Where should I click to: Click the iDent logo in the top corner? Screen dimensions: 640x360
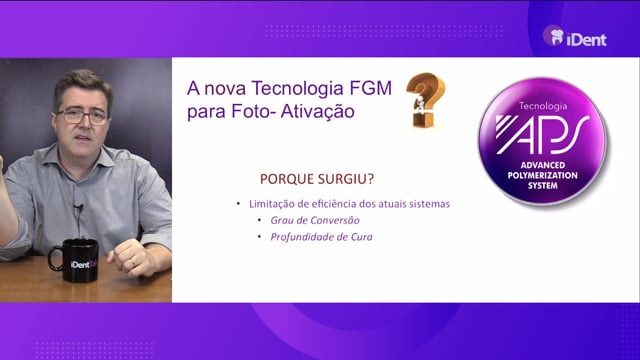575,36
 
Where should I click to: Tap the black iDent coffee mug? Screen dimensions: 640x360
74,260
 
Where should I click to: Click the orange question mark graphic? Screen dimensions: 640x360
425,100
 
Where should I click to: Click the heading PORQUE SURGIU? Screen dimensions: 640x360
317,179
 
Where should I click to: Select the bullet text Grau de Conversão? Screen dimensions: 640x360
315,220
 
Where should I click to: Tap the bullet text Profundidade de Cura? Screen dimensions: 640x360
321,237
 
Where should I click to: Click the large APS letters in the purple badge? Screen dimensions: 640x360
542,135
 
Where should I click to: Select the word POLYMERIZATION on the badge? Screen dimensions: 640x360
542,176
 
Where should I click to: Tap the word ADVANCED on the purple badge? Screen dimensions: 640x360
542,165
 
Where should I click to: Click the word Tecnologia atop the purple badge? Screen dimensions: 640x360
543,106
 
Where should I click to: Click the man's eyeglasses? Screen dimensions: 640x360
82,116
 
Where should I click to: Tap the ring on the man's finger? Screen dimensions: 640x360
131,262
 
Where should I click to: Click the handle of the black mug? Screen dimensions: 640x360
53,259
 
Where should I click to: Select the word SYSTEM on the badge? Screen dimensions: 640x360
542,186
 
